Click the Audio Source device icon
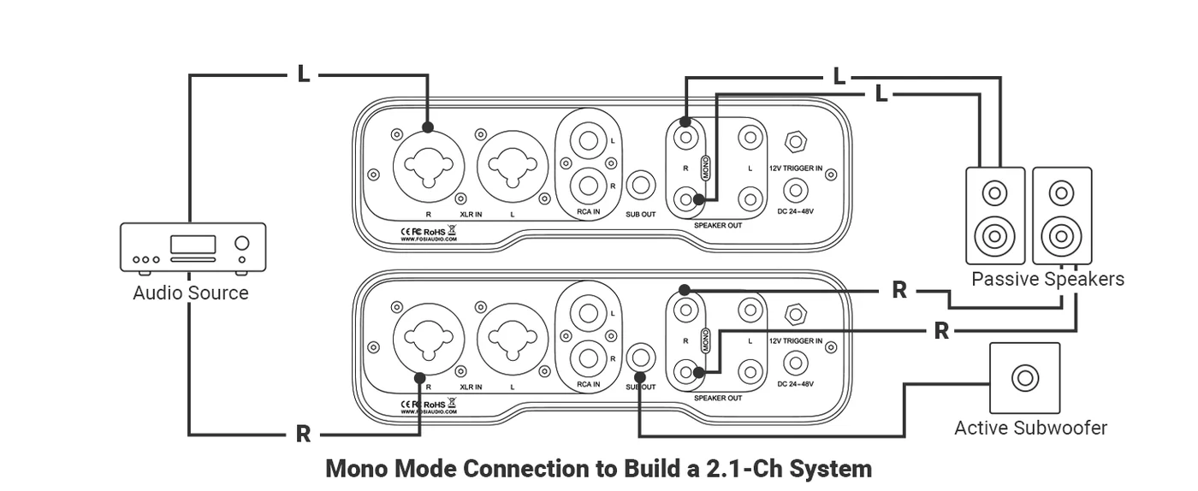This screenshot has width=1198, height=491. pos(193,248)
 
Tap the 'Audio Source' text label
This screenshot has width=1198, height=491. pos(190,293)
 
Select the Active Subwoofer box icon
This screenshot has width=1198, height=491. pos(1024,377)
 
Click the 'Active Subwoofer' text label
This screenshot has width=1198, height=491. pos(1030,428)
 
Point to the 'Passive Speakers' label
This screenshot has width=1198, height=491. pos(1047,279)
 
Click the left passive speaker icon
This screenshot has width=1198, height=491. pos(994,216)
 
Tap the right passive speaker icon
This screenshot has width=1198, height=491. pos(1062,216)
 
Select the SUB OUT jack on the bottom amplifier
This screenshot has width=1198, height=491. pos(641,357)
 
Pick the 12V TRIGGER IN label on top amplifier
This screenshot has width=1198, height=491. pos(796,169)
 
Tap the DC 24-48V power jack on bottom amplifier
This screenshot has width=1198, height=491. pos(796,363)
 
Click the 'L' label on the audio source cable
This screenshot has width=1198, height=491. pos(303,74)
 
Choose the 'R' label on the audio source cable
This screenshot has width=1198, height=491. pos(303,435)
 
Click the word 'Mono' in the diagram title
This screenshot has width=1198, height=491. pos(358,469)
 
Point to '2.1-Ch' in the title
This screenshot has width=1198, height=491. pos(744,469)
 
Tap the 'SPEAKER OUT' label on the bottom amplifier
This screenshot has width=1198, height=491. pos(717,398)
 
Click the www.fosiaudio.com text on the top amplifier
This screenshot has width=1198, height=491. pos(429,240)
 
